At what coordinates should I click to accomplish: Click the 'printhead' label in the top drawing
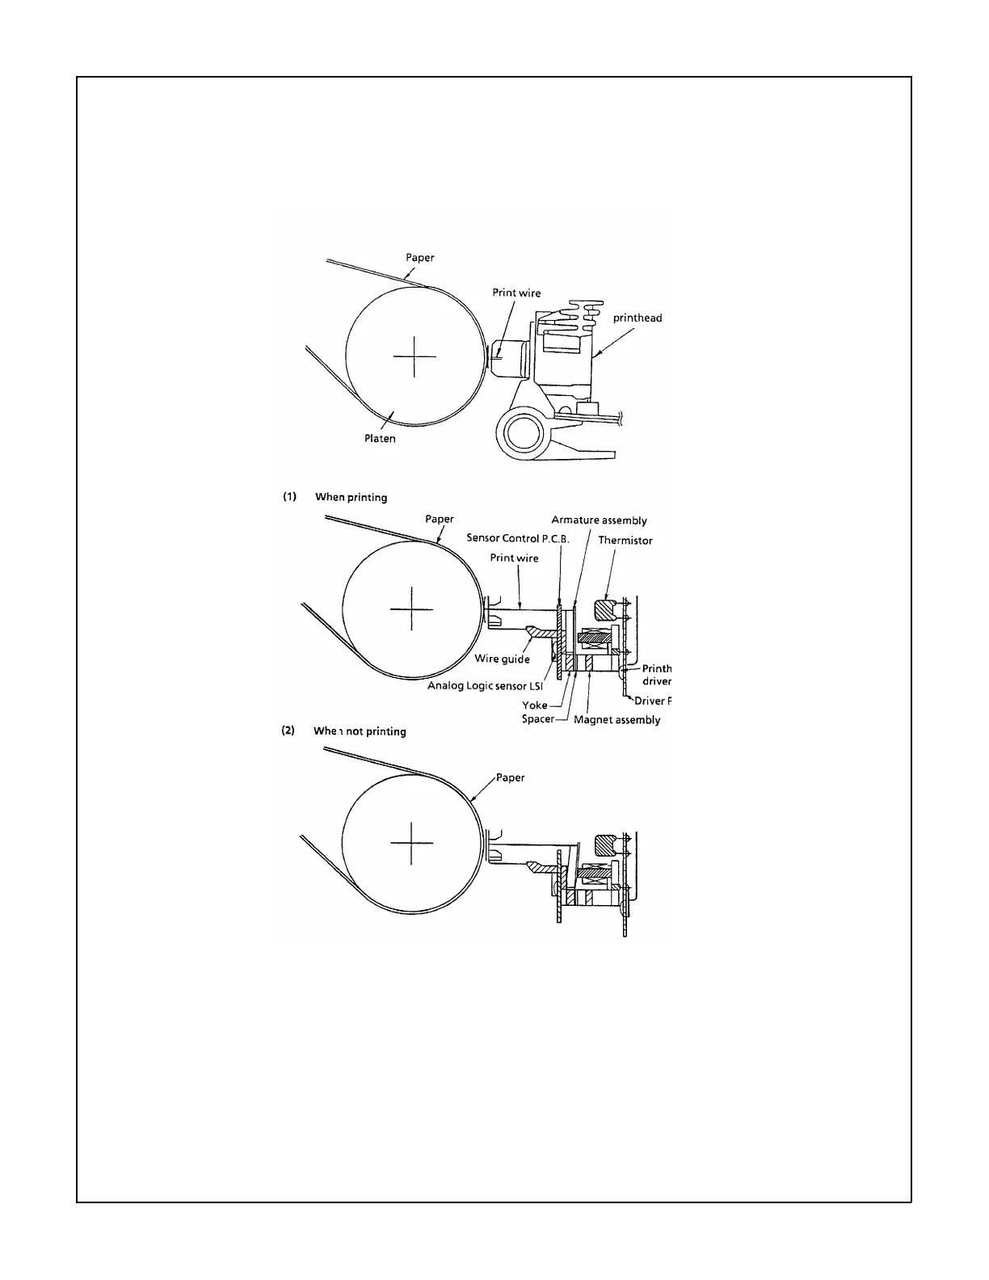click(x=637, y=318)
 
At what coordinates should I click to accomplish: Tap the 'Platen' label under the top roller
click(x=380, y=439)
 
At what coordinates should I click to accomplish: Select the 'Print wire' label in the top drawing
click(x=516, y=293)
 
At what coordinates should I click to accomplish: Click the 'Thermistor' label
click(x=625, y=541)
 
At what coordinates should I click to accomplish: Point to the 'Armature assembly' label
click(x=599, y=520)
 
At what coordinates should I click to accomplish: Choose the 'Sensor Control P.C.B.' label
click(x=518, y=538)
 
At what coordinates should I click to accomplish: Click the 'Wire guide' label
click(x=502, y=659)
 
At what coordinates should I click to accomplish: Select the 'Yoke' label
click(x=534, y=705)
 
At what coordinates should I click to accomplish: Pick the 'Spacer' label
click(x=537, y=719)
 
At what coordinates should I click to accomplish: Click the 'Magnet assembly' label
click(x=617, y=720)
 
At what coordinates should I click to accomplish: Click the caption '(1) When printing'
click(x=335, y=497)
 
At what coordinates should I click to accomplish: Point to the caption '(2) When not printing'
click(x=343, y=731)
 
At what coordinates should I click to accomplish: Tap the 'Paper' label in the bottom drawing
click(x=510, y=777)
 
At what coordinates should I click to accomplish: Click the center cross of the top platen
click(x=415, y=356)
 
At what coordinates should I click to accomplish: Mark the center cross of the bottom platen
click(x=412, y=843)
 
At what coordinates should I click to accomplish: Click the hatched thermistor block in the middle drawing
click(x=604, y=609)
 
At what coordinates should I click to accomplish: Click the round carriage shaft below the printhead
click(x=521, y=433)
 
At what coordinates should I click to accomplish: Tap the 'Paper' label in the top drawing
click(x=419, y=258)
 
